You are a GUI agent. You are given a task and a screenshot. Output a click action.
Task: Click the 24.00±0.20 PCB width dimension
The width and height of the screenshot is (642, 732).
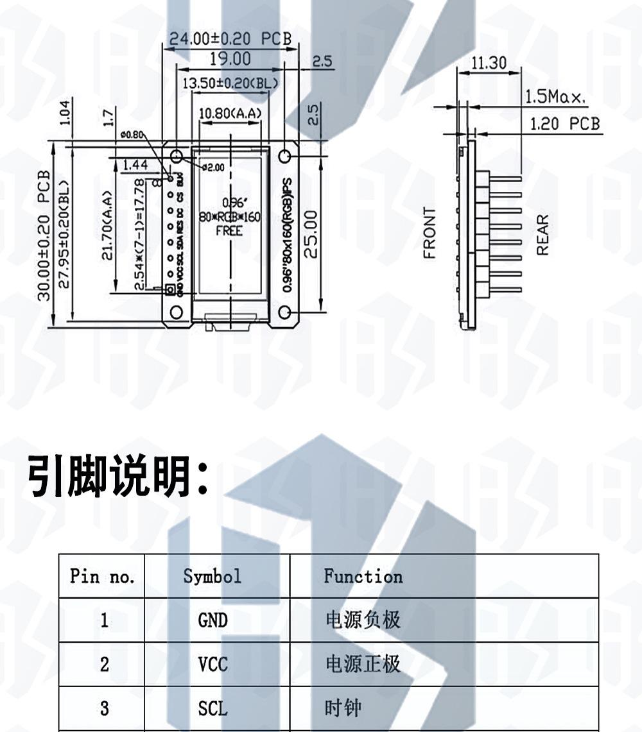[x=230, y=38]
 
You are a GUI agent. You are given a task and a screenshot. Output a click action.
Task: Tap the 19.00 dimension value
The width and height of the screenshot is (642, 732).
[x=230, y=59]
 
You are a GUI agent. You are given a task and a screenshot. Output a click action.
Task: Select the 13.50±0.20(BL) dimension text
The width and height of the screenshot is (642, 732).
[x=230, y=83]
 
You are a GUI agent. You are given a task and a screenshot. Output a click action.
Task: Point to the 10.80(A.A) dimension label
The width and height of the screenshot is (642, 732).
[x=230, y=114]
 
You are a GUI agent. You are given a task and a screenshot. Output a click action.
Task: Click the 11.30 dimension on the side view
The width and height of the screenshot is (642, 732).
[x=489, y=63]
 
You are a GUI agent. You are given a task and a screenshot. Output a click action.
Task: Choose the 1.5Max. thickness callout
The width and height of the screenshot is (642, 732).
[x=556, y=98]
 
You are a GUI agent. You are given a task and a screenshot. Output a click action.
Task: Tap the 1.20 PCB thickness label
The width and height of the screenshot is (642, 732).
[x=565, y=123]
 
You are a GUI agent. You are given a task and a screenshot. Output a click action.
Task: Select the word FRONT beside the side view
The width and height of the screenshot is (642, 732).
[x=429, y=232]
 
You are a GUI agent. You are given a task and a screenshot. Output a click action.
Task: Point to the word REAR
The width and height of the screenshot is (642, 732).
[x=542, y=235]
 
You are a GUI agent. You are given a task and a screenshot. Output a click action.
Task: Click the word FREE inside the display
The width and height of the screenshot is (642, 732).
[x=229, y=230]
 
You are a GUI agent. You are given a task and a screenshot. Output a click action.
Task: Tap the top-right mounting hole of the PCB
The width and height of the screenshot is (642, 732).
[x=286, y=156]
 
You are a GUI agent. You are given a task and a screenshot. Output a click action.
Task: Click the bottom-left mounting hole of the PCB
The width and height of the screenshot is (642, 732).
[x=176, y=312]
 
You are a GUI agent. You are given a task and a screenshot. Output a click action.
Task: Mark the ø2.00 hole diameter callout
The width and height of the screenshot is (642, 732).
[x=213, y=167]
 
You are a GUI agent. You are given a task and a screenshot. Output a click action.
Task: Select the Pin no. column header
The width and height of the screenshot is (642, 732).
[x=103, y=576]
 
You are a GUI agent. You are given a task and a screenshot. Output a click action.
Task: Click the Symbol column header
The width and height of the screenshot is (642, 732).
[x=213, y=576]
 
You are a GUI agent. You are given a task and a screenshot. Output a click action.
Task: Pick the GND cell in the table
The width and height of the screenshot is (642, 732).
[x=213, y=620]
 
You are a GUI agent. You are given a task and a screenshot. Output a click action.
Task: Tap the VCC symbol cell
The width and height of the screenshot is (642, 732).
[x=213, y=664]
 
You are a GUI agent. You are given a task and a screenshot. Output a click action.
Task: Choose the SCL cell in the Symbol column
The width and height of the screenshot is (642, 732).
[x=213, y=708]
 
